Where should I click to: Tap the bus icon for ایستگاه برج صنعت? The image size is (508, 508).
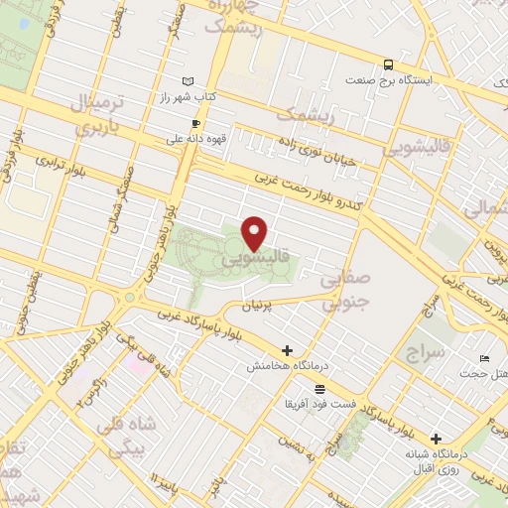click(x=387, y=61)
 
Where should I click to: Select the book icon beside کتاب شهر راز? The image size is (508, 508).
click(x=188, y=80)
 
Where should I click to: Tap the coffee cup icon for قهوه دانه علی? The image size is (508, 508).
click(x=195, y=124)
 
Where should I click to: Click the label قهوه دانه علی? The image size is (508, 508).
click(x=195, y=140)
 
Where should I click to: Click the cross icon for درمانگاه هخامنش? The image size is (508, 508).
click(x=288, y=350)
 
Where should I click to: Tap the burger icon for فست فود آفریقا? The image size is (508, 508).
click(x=318, y=389)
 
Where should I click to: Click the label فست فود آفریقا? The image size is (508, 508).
click(x=318, y=405)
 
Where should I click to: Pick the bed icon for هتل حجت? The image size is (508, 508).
click(x=483, y=357)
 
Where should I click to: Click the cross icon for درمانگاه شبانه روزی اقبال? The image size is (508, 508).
click(x=436, y=438)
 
